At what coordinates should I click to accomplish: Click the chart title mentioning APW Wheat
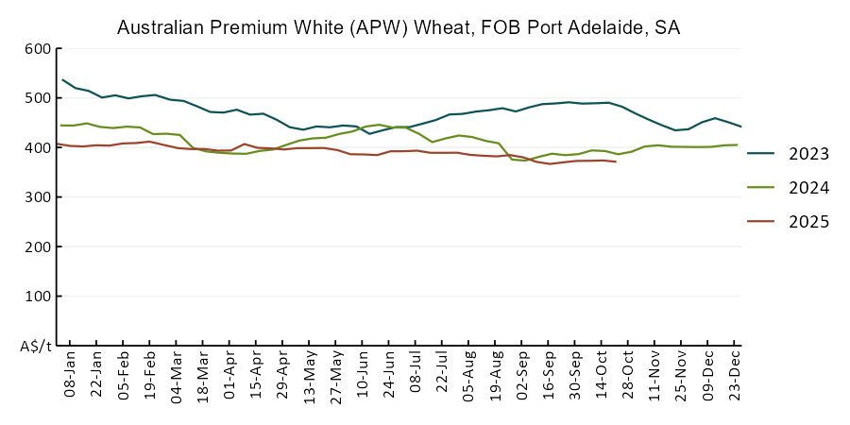[x=398, y=27]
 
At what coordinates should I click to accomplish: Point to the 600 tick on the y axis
[x=37, y=49]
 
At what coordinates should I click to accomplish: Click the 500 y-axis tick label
[x=37, y=98]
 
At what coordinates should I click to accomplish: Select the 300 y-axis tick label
[x=37, y=197]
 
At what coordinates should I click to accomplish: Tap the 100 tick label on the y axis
[x=37, y=297]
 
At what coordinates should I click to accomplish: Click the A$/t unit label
[x=35, y=346]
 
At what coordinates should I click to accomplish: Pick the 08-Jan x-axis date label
[x=70, y=375]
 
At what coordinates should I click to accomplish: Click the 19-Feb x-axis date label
[x=149, y=375]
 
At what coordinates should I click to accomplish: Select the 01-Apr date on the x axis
[x=229, y=375]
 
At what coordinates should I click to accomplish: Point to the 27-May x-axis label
[x=335, y=375]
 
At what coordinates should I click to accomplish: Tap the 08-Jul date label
[x=416, y=375]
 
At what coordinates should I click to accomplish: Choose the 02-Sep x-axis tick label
[x=522, y=375]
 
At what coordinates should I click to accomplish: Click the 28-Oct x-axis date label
[x=628, y=375]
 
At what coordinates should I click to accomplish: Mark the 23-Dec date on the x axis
[x=735, y=375]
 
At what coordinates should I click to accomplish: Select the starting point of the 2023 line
[x=62, y=79]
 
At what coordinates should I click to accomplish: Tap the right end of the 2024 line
[x=737, y=144]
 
